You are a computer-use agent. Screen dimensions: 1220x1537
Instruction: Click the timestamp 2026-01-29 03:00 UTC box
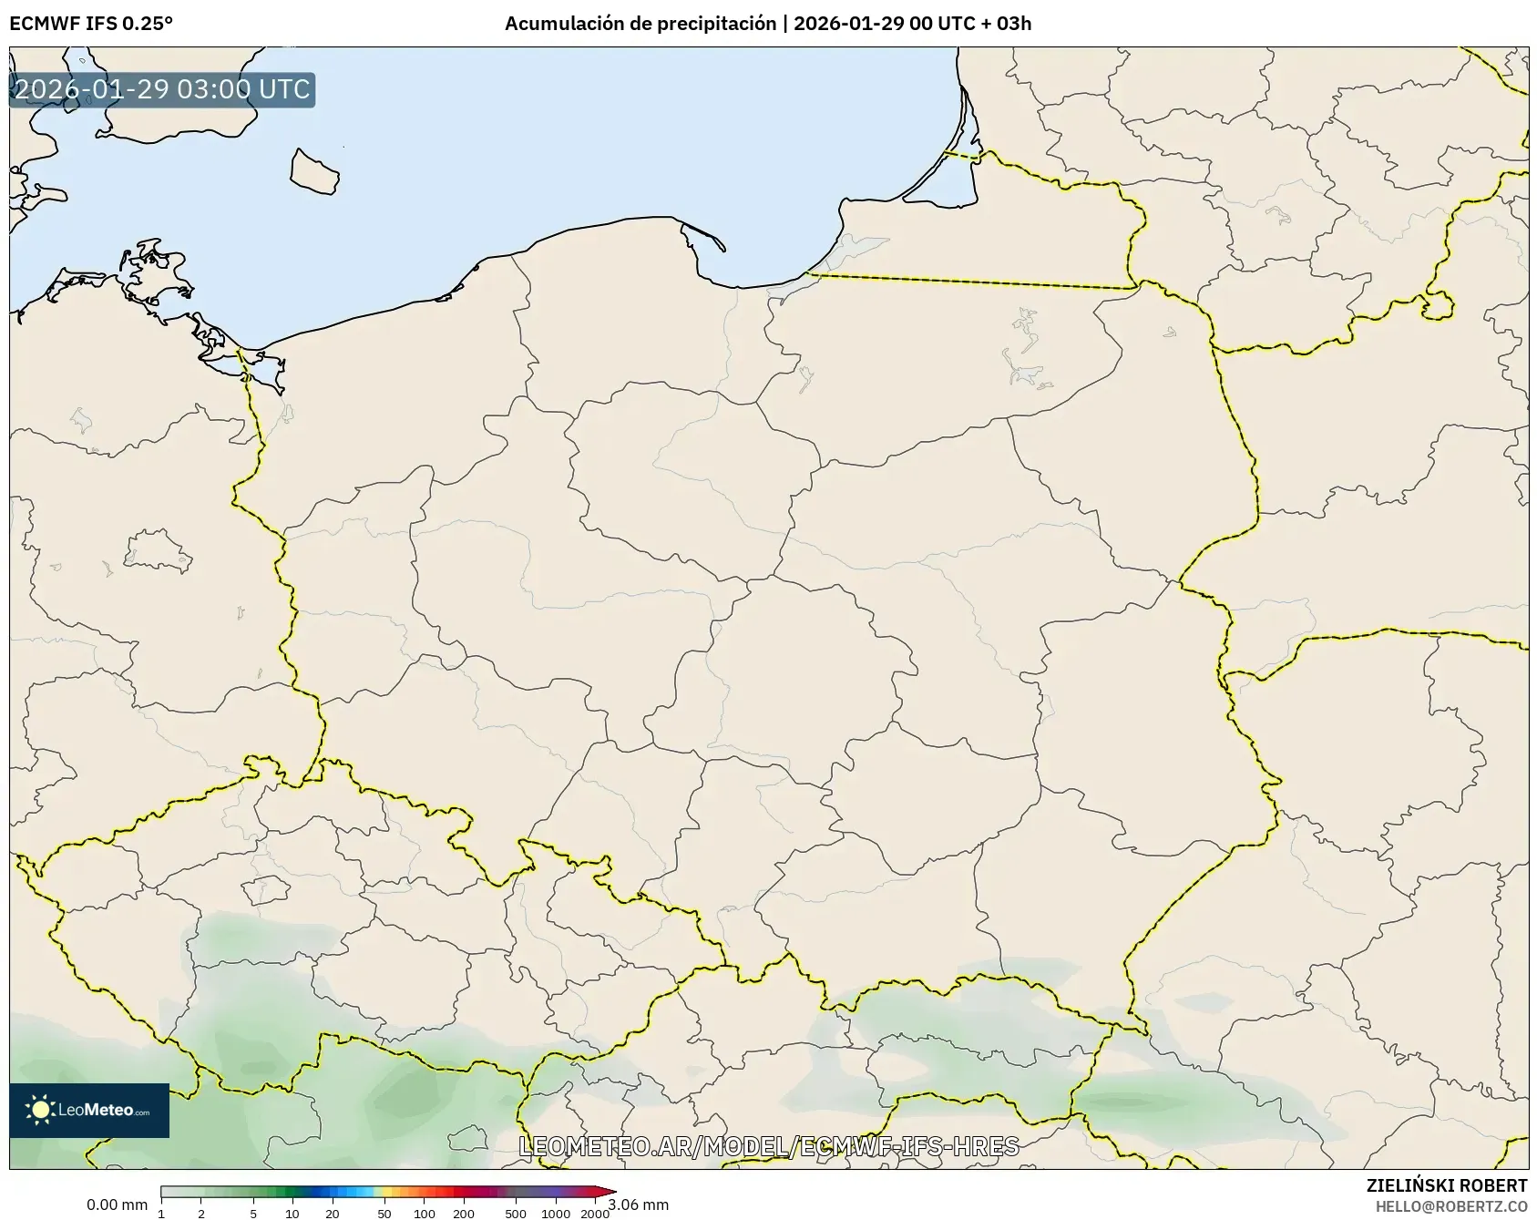click(x=162, y=89)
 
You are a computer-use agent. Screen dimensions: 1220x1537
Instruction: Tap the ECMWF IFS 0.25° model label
click(x=91, y=24)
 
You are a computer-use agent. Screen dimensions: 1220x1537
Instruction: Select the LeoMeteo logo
click(x=89, y=1110)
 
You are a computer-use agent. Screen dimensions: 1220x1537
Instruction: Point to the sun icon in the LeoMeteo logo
click(x=40, y=1110)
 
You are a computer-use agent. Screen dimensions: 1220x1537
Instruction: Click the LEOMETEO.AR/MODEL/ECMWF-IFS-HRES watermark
click(x=768, y=1146)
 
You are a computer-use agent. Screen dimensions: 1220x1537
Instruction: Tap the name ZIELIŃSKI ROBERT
click(x=1447, y=1185)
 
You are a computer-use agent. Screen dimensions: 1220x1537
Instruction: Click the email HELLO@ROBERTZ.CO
click(x=1451, y=1205)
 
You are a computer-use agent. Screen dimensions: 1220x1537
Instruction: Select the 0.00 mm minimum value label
click(x=117, y=1205)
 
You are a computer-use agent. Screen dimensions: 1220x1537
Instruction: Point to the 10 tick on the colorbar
click(x=292, y=1213)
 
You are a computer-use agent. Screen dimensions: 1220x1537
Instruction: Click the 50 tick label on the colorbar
click(x=384, y=1213)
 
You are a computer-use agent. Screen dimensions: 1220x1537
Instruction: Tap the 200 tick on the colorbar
click(x=464, y=1213)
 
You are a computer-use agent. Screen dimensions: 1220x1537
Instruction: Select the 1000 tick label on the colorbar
click(x=556, y=1213)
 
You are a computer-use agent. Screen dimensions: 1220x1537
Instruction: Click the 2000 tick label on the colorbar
click(x=595, y=1213)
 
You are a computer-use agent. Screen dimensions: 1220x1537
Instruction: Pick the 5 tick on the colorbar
click(x=253, y=1213)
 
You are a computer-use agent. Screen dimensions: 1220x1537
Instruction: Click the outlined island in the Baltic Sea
click(x=314, y=171)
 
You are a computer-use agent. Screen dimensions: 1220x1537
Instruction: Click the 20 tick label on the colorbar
click(x=332, y=1213)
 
